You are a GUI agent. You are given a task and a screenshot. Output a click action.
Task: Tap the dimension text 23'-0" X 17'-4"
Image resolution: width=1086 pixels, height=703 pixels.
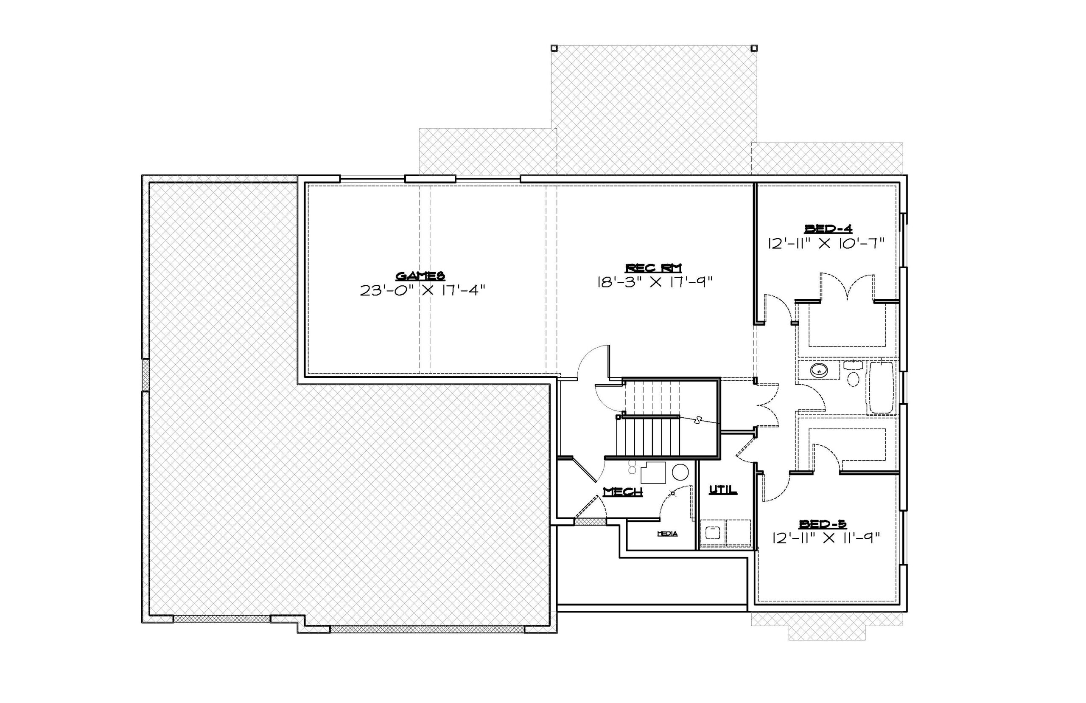point(423,290)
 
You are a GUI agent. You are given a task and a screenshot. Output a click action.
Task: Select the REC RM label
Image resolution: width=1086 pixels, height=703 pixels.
point(654,268)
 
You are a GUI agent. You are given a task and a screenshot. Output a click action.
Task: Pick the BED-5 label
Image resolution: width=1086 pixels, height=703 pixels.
point(823,524)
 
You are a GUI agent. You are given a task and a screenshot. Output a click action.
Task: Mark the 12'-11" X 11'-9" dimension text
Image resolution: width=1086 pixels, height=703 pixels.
point(826,539)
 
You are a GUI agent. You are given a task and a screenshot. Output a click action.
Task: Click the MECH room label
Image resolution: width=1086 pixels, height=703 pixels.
point(623,492)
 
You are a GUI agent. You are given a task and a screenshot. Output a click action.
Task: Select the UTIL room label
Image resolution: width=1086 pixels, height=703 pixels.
point(723,490)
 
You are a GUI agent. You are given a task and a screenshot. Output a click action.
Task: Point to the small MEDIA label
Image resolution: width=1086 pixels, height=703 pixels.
point(667,534)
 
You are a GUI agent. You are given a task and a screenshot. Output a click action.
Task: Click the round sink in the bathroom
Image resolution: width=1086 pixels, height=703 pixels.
point(820,370)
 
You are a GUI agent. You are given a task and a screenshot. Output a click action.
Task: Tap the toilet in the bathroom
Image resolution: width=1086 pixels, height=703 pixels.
point(853,374)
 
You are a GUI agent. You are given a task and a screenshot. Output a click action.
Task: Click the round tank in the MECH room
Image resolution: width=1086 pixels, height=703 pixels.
point(680,472)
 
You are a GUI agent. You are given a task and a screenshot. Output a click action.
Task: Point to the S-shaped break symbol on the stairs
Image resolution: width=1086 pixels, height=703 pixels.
point(697,420)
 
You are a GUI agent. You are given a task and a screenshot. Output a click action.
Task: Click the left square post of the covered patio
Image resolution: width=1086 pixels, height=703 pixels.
point(554,48)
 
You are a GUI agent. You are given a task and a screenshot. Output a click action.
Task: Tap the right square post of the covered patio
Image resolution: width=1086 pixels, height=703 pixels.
point(754,48)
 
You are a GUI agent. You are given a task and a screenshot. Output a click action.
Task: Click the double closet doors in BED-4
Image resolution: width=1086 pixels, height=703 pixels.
point(848,287)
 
